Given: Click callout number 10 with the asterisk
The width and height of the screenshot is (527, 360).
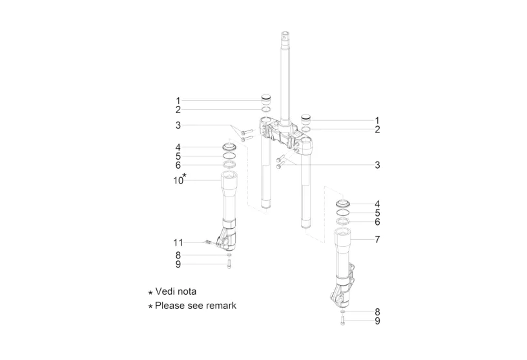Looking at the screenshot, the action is click(180, 179).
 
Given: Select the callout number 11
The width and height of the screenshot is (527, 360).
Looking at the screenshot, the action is click(178, 242).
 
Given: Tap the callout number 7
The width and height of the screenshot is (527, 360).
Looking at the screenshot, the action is click(377, 240).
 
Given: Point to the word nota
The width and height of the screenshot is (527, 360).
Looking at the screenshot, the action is click(186, 291).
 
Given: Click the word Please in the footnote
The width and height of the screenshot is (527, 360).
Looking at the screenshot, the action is click(169, 306).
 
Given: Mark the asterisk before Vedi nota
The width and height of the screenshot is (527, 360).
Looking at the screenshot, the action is click(150, 293).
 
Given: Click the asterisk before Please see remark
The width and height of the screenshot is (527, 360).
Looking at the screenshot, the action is click(150, 306).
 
